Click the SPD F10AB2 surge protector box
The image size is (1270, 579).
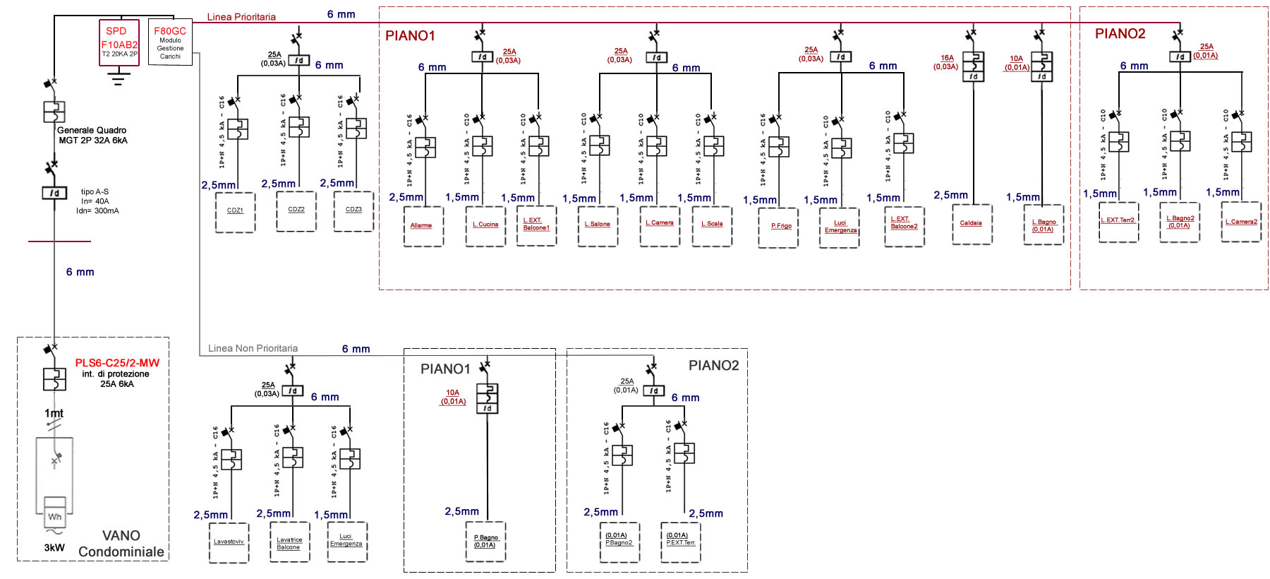point(119,42)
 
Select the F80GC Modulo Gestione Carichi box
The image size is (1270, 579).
point(170,42)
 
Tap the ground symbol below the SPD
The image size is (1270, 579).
point(119,77)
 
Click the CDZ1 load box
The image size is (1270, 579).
point(235,212)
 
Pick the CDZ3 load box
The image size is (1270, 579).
point(353,211)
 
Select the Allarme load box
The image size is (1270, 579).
point(423,226)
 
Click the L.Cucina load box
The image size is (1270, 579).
point(485,226)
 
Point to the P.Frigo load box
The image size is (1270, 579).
point(778,227)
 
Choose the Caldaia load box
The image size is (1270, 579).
point(972,225)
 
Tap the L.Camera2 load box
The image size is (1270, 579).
point(1241,222)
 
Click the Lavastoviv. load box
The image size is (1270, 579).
point(229,542)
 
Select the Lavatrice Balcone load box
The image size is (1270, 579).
point(289,542)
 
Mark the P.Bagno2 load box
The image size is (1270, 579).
point(619,542)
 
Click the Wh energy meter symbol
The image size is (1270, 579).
point(55,516)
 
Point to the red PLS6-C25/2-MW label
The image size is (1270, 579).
point(117,363)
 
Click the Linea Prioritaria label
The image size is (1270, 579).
point(241,17)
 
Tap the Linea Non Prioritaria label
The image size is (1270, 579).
point(253,348)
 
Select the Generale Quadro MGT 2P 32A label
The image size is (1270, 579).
point(92,135)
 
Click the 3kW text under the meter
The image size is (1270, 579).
point(54,548)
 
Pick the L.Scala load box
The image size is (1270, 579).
point(712,225)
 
